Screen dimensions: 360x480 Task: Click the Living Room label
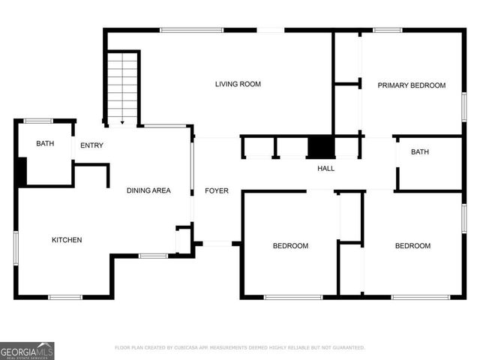pos(238,84)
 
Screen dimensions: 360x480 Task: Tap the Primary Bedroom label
pos(412,85)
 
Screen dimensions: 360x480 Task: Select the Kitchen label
pos(66,240)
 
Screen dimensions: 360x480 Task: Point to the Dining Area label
pos(148,190)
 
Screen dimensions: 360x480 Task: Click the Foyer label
pos(217,191)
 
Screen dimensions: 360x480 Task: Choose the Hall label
pos(325,169)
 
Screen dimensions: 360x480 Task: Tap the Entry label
pos(91,145)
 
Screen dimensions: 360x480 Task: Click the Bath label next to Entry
pos(45,144)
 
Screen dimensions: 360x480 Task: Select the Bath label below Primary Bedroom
pos(419,152)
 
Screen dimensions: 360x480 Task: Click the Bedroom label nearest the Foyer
pos(289,246)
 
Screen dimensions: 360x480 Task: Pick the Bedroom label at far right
pos(412,246)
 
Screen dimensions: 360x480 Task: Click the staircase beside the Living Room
pos(122,86)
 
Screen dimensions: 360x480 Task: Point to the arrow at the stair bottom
pos(122,121)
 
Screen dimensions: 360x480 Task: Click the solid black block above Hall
pos(320,147)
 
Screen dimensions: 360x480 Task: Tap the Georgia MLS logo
pos(27,350)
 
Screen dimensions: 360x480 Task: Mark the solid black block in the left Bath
pos(22,172)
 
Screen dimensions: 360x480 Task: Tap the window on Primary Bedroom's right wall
pos(463,105)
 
